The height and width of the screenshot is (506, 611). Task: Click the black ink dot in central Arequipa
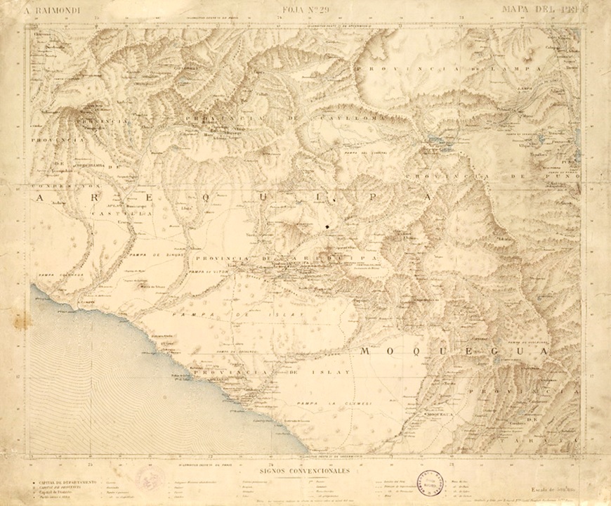coord(328,226)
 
